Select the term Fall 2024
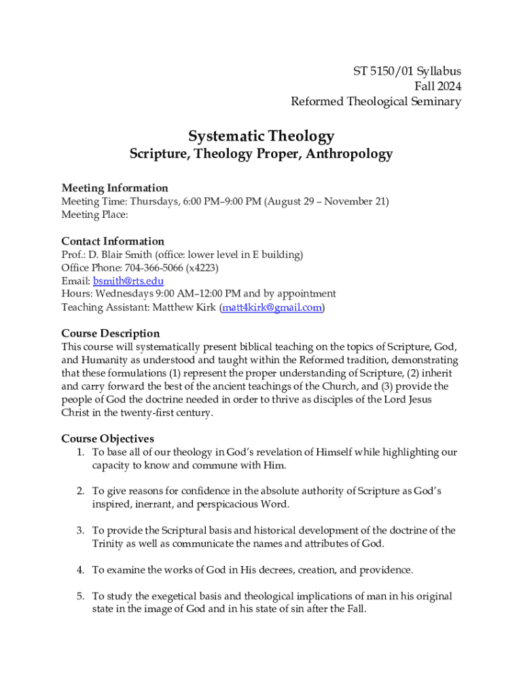437,86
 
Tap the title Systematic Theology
261,136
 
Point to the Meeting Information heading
115,188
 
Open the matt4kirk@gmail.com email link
272,307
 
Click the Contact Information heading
113,241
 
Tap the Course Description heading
111,333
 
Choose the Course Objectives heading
107,439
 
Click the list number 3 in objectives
79,531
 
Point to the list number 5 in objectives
79,597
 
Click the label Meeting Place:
94,214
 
